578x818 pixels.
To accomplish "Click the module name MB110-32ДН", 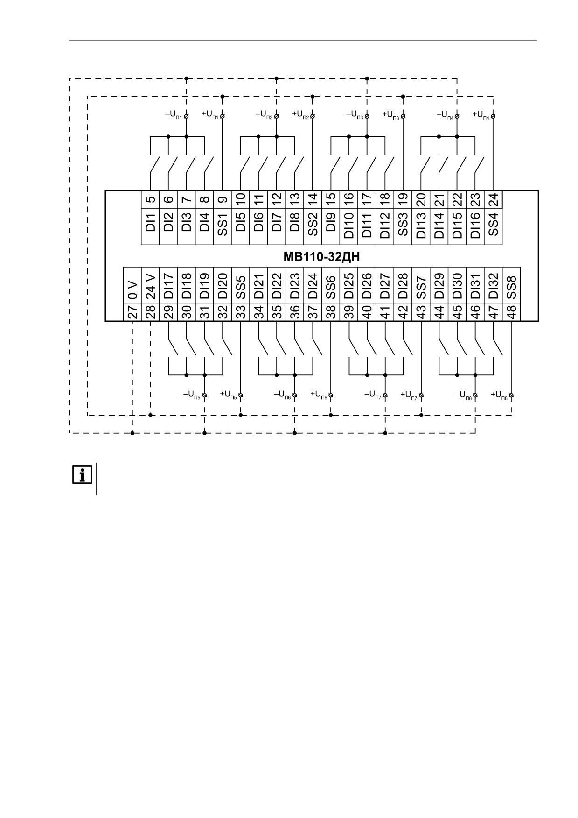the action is [x=321, y=256].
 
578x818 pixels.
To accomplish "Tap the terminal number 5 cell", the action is [x=150, y=199].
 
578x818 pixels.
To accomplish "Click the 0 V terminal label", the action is [x=132, y=285].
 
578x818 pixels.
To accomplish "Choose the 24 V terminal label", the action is [x=150, y=285].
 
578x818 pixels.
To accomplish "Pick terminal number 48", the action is [x=512, y=312].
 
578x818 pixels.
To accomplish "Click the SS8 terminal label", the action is [x=512, y=285].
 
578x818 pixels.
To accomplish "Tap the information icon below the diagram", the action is [x=82, y=475].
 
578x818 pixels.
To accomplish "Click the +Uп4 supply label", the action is [x=481, y=114].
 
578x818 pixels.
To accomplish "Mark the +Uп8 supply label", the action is [x=499, y=395].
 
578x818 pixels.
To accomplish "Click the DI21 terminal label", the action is [x=259, y=285].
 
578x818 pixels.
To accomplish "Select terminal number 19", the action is [x=403, y=199].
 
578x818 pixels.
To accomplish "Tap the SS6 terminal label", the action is [x=331, y=285].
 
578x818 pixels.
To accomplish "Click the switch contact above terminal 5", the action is [x=154, y=166].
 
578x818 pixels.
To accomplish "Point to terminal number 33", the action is [x=241, y=312].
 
